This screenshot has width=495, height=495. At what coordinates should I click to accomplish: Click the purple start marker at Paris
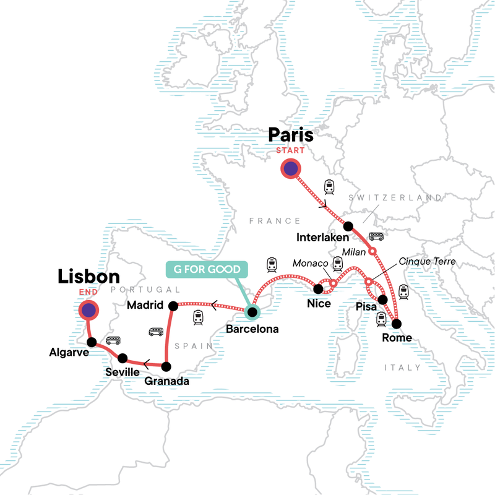tap(290, 168)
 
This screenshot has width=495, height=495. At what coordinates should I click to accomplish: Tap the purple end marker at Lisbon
tap(90, 311)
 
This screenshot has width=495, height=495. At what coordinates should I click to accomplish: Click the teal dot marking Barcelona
tap(252, 312)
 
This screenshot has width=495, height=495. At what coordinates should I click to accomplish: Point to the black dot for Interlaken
tap(348, 226)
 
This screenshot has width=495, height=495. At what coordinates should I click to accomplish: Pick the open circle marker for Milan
tap(372, 251)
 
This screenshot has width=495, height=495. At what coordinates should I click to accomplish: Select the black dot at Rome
tap(396, 324)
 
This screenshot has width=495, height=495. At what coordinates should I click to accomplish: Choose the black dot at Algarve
tap(92, 342)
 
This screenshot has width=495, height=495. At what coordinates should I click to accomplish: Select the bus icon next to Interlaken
tap(376, 236)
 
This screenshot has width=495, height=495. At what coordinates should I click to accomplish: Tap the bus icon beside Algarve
tap(113, 340)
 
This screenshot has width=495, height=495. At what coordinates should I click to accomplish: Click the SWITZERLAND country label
tap(396, 197)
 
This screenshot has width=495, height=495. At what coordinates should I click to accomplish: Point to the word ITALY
tap(402, 368)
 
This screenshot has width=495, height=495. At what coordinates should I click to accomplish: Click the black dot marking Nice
tap(319, 288)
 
